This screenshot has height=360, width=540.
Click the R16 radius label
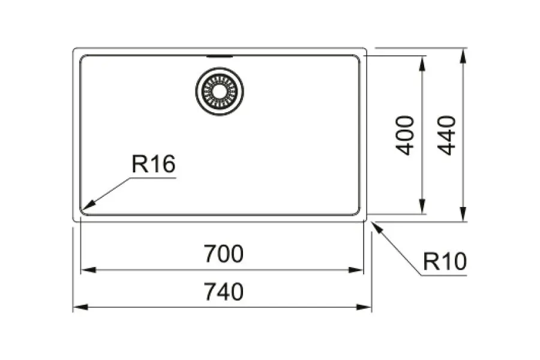(x=154, y=164)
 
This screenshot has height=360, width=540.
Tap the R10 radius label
(x=445, y=262)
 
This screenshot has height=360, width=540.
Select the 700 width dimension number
(x=224, y=254)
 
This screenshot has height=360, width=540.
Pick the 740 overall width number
(x=224, y=292)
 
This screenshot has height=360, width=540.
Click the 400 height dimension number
(x=404, y=136)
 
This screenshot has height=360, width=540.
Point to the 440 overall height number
(x=446, y=136)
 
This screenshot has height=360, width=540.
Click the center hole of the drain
(x=220, y=91)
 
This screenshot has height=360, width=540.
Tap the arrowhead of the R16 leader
(x=88, y=205)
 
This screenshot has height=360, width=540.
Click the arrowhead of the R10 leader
(x=377, y=228)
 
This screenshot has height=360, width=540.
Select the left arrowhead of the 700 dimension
(x=88, y=270)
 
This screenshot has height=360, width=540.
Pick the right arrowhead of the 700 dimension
(x=356, y=270)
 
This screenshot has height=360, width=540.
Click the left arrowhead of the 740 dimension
(x=81, y=307)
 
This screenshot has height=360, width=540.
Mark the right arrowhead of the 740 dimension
(x=364, y=307)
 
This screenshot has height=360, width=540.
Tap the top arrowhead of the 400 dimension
(x=422, y=64)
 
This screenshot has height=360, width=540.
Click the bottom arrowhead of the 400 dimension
(x=422, y=206)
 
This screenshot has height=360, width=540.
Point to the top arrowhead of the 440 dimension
(x=463, y=56)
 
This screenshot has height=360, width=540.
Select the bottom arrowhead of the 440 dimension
(x=463, y=214)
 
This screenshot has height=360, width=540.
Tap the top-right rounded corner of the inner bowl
(x=357, y=58)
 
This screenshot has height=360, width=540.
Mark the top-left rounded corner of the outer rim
(x=74, y=49)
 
